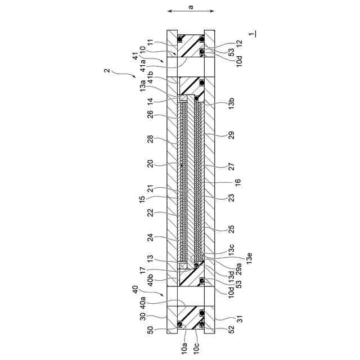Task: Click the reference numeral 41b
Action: [150, 77]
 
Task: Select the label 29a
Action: [238, 268]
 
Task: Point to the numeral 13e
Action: [249, 258]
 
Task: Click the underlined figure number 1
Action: [252, 34]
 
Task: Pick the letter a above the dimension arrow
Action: [191, 7]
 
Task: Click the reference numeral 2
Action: [107, 70]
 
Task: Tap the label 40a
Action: [143, 303]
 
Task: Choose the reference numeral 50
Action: [150, 330]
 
